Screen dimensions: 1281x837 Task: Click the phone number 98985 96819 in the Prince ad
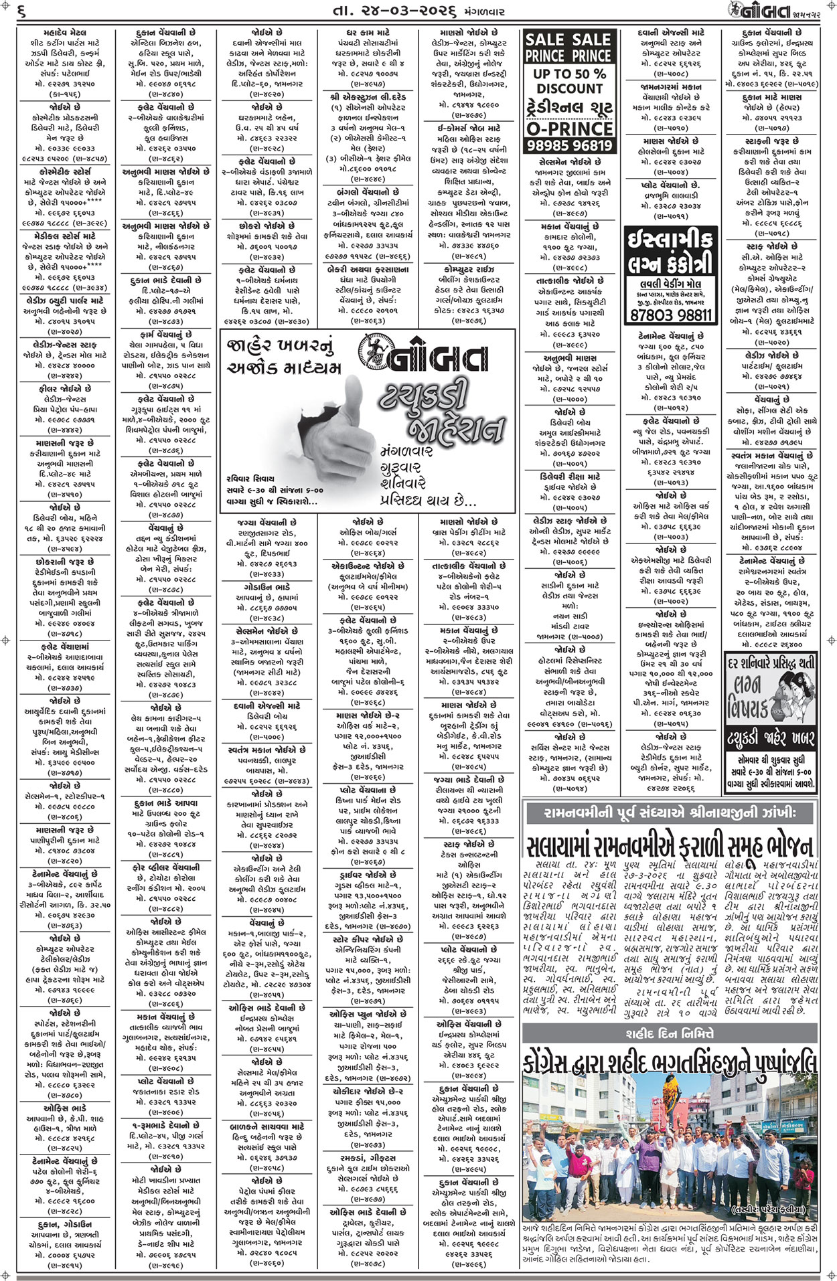click(568, 145)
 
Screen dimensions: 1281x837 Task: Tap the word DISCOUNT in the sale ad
click(569, 88)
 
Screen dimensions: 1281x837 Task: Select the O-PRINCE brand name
click(568, 128)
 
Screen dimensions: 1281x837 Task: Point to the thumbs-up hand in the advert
click(308, 428)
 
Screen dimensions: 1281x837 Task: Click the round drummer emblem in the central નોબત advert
click(372, 351)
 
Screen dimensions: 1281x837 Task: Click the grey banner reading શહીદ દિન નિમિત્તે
click(670, 1034)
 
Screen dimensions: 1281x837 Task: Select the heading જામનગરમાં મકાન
click(672, 87)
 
